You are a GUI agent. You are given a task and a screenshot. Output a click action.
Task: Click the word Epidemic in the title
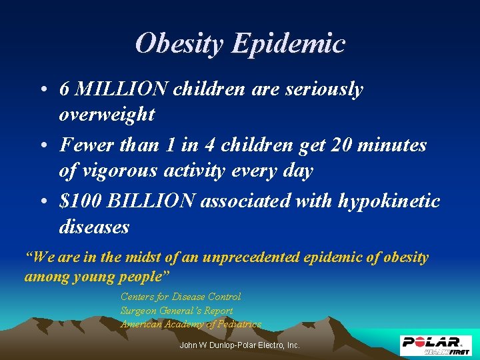pos(288,44)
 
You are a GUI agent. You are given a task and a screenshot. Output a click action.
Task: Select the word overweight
pos(107,115)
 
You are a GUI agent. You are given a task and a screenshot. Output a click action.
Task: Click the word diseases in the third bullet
pos(94,227)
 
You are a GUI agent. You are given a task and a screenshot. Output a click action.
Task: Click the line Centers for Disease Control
pos(181,297)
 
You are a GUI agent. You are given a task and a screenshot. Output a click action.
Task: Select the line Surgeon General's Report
pos(177,311)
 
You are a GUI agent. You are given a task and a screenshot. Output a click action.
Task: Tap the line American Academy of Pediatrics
pos(191,324)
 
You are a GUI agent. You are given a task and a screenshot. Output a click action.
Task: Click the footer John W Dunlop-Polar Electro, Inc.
pos(240,345)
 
